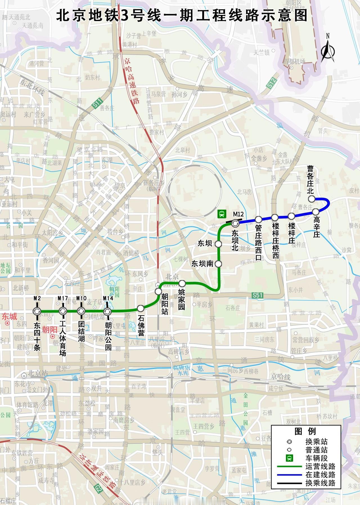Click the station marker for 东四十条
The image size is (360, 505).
tap(37, 311)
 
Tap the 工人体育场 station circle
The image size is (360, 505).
tap(62, 311)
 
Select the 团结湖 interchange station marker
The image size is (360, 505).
tap(81, 311)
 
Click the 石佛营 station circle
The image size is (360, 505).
tap(141, 308)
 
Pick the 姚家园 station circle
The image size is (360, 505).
tap(182, 283)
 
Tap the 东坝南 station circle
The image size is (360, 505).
tap(219, 264)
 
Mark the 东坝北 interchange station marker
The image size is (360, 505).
tap(235, 223)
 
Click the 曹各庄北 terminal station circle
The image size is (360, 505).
tap(311, 199)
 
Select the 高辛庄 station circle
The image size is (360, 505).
tap(316, 211)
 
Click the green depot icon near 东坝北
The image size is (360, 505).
tap(222, 214)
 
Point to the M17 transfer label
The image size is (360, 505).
tap(62, 298)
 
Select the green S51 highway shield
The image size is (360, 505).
tap(258, 295)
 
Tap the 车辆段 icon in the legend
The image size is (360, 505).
tap(289, 458)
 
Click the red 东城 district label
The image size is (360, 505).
tap(10, 317)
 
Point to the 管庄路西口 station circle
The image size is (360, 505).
tap(258, 219)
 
